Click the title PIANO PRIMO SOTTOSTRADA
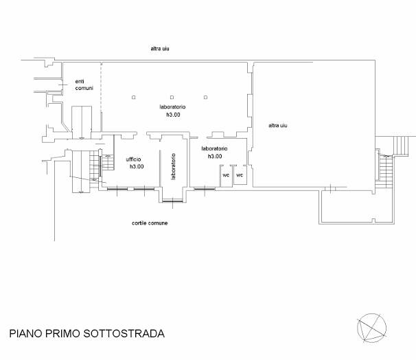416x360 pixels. tap(86, 333)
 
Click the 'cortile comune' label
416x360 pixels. tap(150, 223)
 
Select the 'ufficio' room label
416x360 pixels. tap(133, 159)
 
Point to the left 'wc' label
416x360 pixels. tap(226, 175)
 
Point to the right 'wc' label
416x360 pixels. tap(240, 175)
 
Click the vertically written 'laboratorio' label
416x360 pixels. tap(173, 166)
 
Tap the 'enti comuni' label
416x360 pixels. tap(84, 85)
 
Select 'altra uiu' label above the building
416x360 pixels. tap(160, 49)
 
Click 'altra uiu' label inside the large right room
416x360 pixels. tap(278, 125)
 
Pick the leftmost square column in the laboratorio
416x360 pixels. tap(133, 98)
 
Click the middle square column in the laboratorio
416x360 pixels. tap(172, 98)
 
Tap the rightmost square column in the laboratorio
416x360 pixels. tap(206, 98)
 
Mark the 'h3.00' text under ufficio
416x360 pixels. tap(137, 166)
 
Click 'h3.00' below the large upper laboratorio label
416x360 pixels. tap(173, 115)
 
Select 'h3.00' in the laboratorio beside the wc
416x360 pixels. tap(215, 156)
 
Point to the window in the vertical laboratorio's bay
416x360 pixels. tap(173, 201)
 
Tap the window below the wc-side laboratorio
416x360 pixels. tap(205, 189)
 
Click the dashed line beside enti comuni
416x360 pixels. tap(101, 87)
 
